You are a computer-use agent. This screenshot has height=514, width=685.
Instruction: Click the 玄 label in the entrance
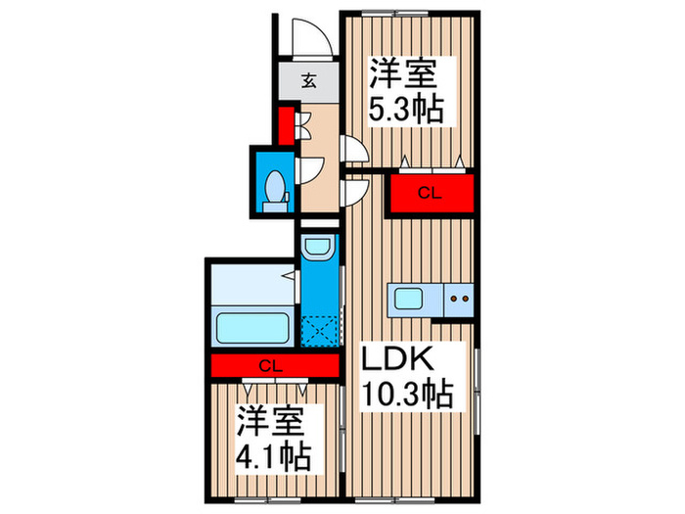(x=308, y=81)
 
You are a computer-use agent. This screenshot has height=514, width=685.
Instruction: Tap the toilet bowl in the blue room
(x=275, y=186)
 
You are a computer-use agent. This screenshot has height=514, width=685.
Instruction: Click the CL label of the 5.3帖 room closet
(x=430, y=193)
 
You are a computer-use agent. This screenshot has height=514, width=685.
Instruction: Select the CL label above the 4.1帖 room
(x=273, y=366)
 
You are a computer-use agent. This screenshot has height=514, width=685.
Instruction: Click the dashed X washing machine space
(x=319, y=329)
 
